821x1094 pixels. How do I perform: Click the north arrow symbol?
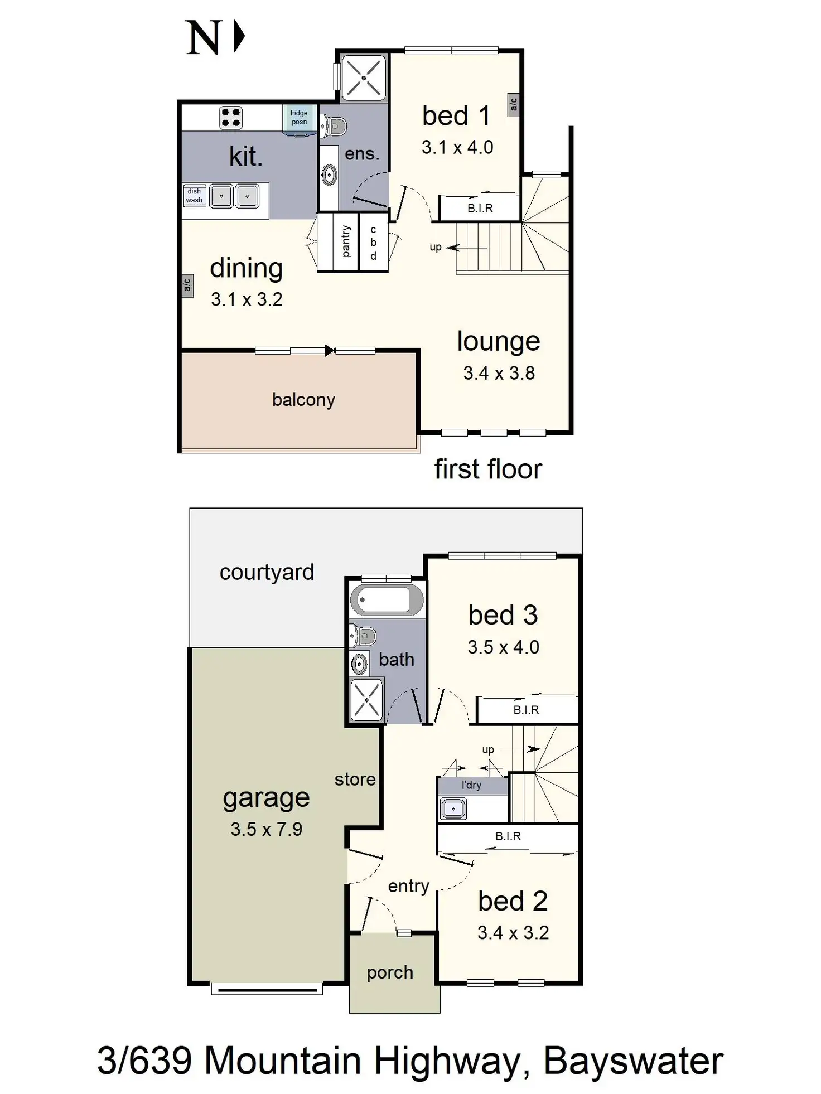pyautogui.click(x=240, y=36)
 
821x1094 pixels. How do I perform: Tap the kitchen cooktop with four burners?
pyautogui.click(x=230, y=118)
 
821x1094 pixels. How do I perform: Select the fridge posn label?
pyautogui.click(x=299, y=118)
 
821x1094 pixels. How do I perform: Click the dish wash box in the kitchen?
pyautogui.click(x=194, y=196)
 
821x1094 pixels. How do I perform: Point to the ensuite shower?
pyautogui.click(x=364, y=78)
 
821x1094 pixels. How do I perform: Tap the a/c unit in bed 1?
pyautogui.click(x=513, y=104)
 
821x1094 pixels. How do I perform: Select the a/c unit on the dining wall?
pyautogui.click(x=187, y=285)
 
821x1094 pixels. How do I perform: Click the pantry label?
pyautogui.click(x=346, y=241)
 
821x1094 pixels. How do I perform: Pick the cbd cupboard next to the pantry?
pyautogui.click(x=373, y=243)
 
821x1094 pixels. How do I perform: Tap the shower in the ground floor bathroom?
pyautogui.click(x=366, y=699)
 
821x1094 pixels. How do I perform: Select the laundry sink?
pyautogui.click(x=453, y=809)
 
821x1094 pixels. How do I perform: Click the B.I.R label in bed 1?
pyautogui.click(x=480, y=209)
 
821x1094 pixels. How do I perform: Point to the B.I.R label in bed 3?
pyautogui.click(x=526, y=710)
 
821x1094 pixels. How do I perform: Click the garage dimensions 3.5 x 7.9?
pyautogui.click(x=267, y=829)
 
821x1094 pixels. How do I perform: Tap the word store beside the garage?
pyautogui.click(x=355, y=780)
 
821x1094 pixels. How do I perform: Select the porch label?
pyautogui.click(x=390, y=972)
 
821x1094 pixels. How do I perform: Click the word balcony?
pyautogui.click(x=303, y=400)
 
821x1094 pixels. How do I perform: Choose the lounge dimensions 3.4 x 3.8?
pyautogui.click(x=499, y=373)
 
